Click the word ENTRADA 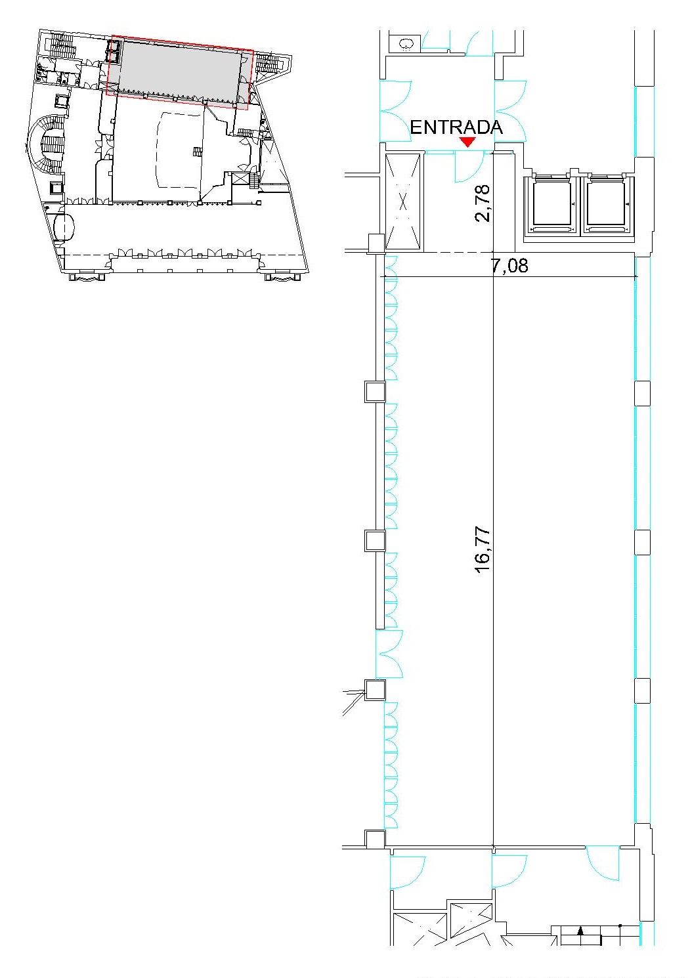(x=456, y=127)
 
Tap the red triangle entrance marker (x=467, y=142)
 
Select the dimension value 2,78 (x=483, y=203)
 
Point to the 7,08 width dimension (x=510, y=265)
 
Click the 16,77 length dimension (x=483, y=551)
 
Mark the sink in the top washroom (x=406, y=44)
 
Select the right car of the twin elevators (x=607, y=205)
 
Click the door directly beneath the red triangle (x=469, y=166)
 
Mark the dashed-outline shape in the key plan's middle (x=180, y=150)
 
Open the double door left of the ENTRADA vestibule (x=396, y=111)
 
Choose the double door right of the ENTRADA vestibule (x=510, y=111)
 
